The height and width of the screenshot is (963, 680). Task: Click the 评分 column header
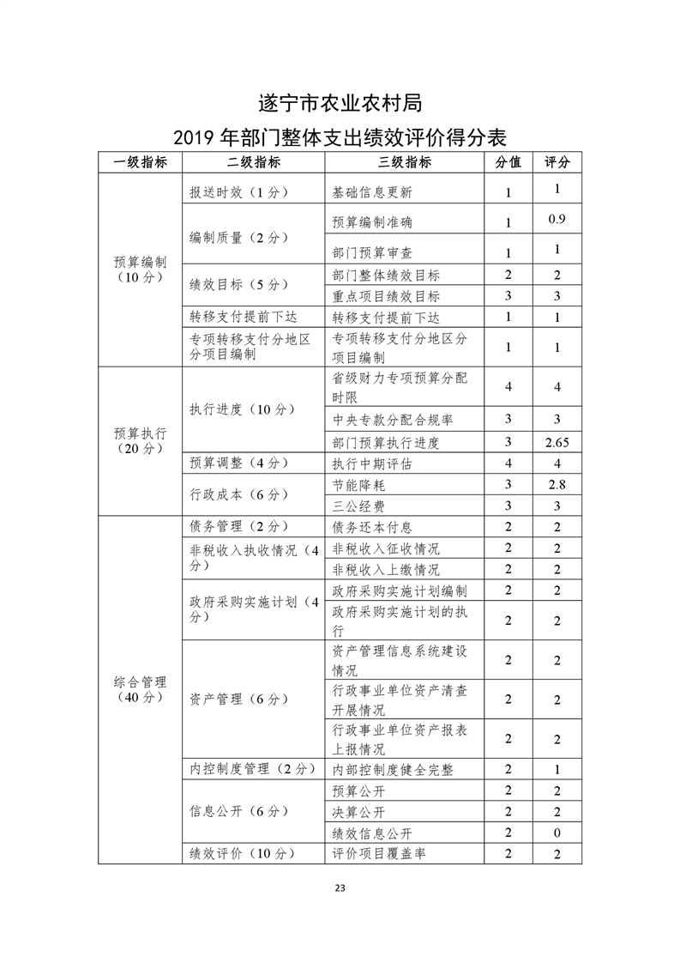557,162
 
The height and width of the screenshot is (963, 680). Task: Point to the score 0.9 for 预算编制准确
557,220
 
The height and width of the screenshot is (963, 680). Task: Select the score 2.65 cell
557,443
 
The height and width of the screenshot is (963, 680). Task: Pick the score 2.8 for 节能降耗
557,485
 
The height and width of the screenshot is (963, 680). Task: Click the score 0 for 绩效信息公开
557,833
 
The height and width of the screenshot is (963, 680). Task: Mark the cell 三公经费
358,506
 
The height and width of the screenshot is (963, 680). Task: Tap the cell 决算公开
358,812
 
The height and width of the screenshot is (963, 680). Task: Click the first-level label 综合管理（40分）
140,689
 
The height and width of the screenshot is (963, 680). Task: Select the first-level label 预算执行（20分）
140,440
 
